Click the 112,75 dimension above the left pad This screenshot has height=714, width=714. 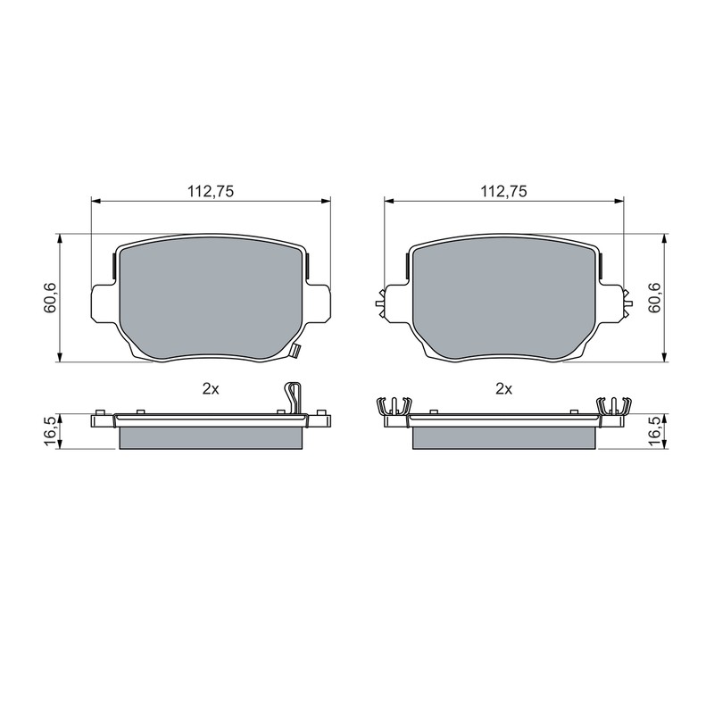click(211, 191)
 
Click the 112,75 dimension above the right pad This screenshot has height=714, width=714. click(503, 191)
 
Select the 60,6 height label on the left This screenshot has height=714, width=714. click(50, 298)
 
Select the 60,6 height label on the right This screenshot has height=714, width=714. click(656, 298)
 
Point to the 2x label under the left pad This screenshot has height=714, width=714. click(211, 389)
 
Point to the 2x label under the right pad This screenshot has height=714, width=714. click(503, 389)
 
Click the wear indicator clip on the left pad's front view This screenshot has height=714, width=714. click(295, 351)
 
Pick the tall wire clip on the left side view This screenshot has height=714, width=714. click(294, 399)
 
